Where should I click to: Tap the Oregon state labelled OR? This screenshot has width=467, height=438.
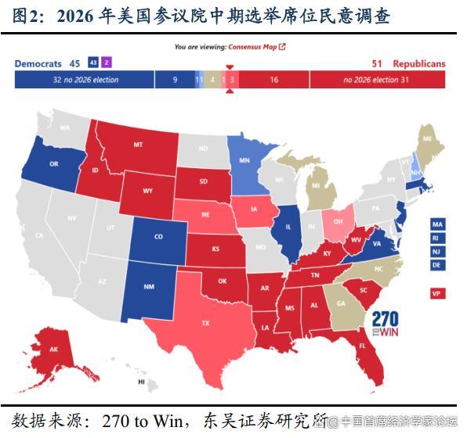click(53, 163)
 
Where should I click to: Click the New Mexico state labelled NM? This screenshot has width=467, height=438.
click(149, 287)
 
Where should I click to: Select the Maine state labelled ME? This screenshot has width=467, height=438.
click(428, 138)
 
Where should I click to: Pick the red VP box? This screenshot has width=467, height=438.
click(436, 293)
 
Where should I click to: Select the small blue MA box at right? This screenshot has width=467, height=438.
click(436, 223)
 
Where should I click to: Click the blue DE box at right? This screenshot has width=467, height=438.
click(436, 265)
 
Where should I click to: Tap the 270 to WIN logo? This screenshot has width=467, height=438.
click(386, 322)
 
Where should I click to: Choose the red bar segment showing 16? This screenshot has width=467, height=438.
click(273, 80)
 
